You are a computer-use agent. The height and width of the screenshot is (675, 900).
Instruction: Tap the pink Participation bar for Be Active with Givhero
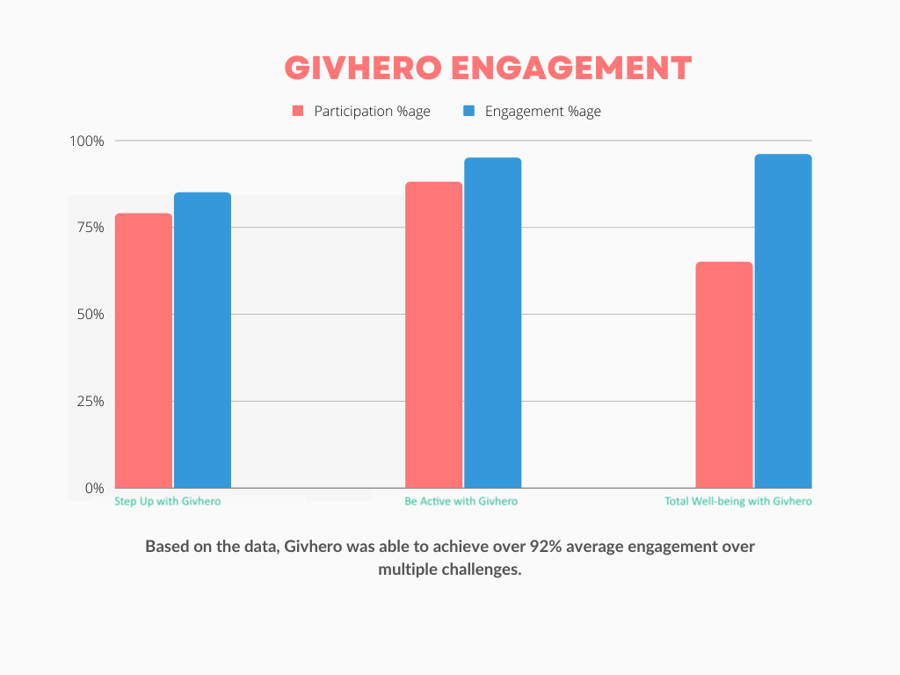point(433,334)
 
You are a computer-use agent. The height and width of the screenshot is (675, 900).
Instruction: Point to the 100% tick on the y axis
point(86,141)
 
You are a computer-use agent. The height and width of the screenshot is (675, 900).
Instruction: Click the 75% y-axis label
point(90,227)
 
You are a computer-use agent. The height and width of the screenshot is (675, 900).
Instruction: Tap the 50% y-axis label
point(90,314)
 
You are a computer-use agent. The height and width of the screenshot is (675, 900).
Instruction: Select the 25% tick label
point(90,401)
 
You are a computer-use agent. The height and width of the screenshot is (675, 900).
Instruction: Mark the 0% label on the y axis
point(94,488)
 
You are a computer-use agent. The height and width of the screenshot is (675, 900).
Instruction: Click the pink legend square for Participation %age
point(298,112)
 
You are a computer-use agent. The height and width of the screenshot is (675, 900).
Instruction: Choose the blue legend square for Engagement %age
point(468,112)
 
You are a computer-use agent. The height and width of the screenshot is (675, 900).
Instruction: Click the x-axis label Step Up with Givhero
point(168,501)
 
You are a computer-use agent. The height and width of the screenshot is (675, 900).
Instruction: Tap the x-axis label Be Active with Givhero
point(461,501)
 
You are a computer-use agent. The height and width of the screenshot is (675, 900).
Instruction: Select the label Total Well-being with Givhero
point(738,501)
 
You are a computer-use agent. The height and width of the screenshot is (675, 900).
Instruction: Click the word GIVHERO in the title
point(358,69)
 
